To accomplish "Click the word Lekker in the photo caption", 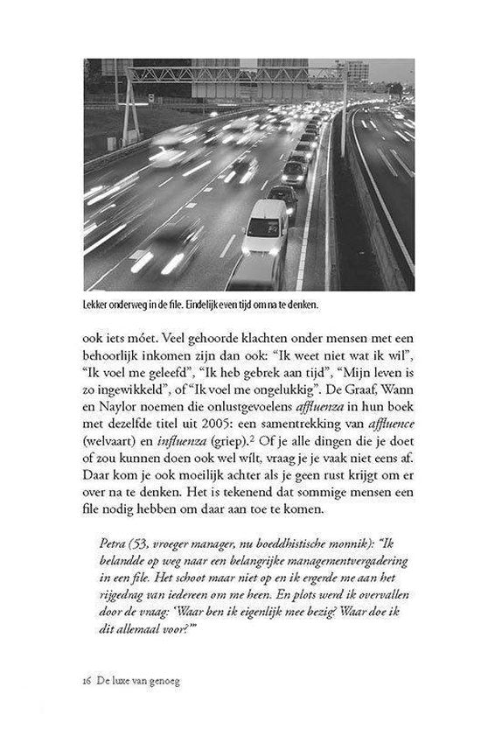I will pos(100,306).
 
